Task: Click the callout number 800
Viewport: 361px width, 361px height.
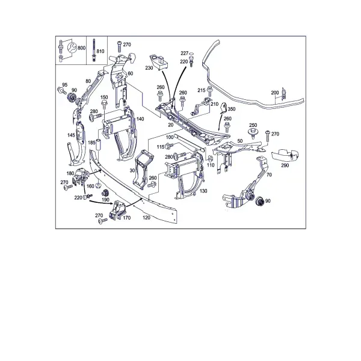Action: point(81,48)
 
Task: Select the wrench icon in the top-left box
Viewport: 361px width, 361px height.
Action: point(72,48)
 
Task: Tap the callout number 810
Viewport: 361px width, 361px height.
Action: point(100,51)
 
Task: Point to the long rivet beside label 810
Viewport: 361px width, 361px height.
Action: point(94,50)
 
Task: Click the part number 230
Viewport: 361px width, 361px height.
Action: point(149,68)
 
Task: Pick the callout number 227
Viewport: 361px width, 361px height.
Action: point(185,53)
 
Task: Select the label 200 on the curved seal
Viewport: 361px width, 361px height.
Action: point(275,93)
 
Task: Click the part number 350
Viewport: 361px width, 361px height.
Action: point(232,109)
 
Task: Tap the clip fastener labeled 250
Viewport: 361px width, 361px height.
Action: point(253,133)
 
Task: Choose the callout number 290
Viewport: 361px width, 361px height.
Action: point(285,165)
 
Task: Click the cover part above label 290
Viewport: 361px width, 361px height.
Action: point(284,155)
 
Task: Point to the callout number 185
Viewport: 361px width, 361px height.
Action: point(91,143)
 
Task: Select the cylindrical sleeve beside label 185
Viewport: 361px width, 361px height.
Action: point(99,144)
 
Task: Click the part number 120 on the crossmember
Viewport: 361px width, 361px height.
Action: point(146,218)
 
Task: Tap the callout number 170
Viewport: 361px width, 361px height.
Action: point(126,218)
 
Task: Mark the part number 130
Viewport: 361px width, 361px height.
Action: point(203,191)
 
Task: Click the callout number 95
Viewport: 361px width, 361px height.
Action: point(65,85)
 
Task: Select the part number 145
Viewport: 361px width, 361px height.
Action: point(71,135)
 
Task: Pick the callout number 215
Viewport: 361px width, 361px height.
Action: point(201,90)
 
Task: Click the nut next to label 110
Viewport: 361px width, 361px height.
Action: point(210,159)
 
